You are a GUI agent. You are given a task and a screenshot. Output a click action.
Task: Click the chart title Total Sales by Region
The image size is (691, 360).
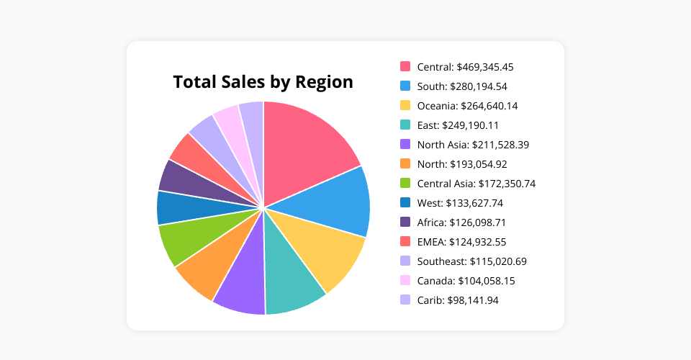click(x=263, y=82)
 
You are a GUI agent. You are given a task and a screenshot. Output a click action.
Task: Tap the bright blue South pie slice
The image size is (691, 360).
click(x=335, y=203)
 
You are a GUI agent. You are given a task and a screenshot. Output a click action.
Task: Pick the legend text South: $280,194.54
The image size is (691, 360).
click(x=462, y=86)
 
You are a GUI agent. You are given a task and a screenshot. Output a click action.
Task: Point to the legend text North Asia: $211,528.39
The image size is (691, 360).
click(x=473, y=145)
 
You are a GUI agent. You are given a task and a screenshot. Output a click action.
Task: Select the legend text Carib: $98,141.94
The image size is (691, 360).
click(x=458, y=300)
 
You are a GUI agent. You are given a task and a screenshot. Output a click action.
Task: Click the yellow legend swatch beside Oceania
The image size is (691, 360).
click(x=405, y=105)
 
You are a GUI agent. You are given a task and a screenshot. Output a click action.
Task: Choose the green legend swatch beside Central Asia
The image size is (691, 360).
click(x=405, y=183)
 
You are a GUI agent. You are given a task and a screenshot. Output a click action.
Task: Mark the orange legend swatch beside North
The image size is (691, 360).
click(x=405, y=163)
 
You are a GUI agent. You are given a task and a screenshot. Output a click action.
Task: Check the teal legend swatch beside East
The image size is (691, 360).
click(x=405, y=125)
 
